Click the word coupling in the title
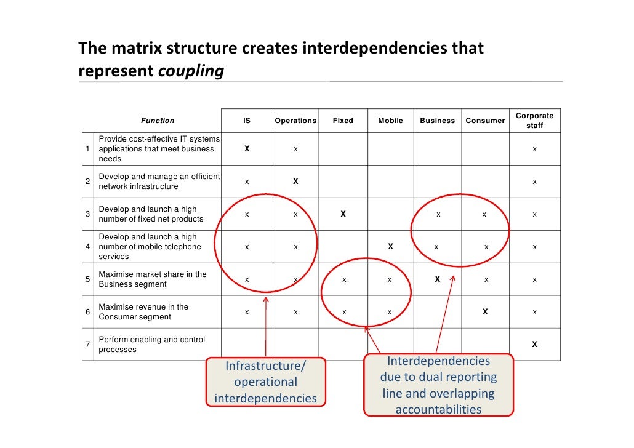(x=191, y=71)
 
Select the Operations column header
(x=295, y=121)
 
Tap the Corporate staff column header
(x=534, y=121)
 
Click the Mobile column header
(x=390, y=121)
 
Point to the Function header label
(x=158, y=121)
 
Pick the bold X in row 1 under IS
(x=247, y=149)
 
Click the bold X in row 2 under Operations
(x=295, y=182)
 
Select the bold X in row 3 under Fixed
(x=343, y=214)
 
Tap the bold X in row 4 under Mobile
(x=390, y=247)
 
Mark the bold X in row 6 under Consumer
(x=485, y=312)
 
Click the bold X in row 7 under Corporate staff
(x=534, y=345)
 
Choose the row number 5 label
(x=88, y=279)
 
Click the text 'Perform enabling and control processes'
(x=152, y=345)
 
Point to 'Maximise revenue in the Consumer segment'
(x=143, y=312)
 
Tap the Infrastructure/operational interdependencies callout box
(x=265, y=382)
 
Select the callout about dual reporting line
(x=438, y=385)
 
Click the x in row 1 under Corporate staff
(x=534, y=149)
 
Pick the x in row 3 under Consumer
(x=484, y=214)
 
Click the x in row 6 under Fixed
(x=344, y=312)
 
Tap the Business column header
(x=437, y=121)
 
